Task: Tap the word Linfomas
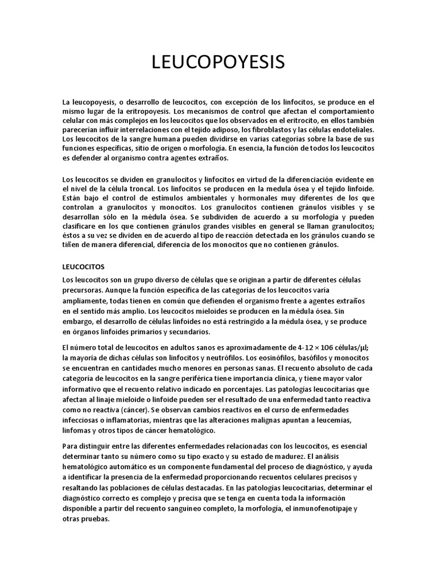click(79, 430)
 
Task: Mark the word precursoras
click(83, 289)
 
